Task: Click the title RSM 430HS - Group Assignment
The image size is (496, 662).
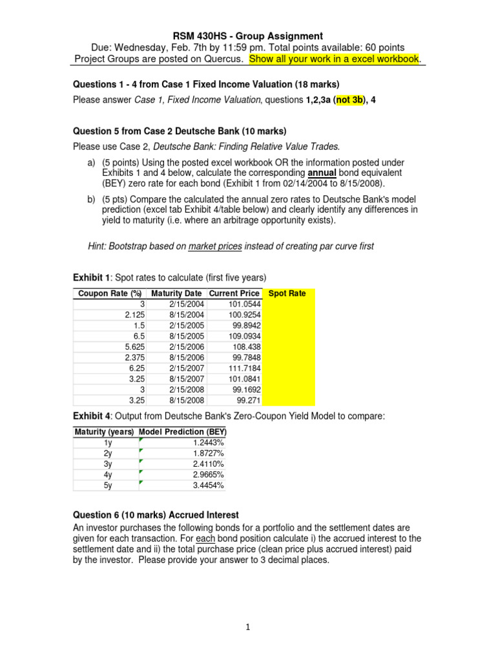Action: coord(248,36)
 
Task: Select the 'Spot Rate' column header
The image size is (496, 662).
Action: coord(287,294)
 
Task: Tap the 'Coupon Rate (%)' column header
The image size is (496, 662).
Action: coord(109,294)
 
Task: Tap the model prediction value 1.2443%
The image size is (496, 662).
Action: coord(208,442)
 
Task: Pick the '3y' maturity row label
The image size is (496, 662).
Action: coord(108,464)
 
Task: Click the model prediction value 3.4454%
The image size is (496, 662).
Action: coord(208,485)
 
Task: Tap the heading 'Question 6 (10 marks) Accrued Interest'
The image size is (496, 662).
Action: coord(156,515)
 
